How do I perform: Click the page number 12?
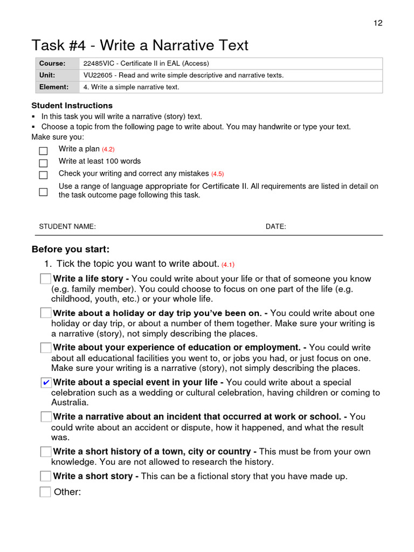coord(378,23)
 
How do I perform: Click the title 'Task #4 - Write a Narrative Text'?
coord(140,45)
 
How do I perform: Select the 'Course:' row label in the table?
coord(52,64)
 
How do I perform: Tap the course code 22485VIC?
coord(100,64)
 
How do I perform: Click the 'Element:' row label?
coord(54,87)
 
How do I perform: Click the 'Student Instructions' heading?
coord(72,106)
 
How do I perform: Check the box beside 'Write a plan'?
coord(43,151)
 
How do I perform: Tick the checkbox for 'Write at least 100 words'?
coord(43,163)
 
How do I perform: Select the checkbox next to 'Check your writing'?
coord(43,175)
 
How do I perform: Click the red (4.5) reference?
coord(217,174)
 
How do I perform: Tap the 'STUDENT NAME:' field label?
coord(67,227)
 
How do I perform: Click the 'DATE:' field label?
coord(276,227)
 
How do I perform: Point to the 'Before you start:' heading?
coord(71,250)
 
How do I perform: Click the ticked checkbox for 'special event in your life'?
coord(46,383)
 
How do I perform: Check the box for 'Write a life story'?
coord(46,279)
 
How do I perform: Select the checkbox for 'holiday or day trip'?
coord(46,313)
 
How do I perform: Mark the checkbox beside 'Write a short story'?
coord(46,476)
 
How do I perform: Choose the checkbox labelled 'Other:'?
coord(45,492)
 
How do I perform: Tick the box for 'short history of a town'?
coord(46,452)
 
